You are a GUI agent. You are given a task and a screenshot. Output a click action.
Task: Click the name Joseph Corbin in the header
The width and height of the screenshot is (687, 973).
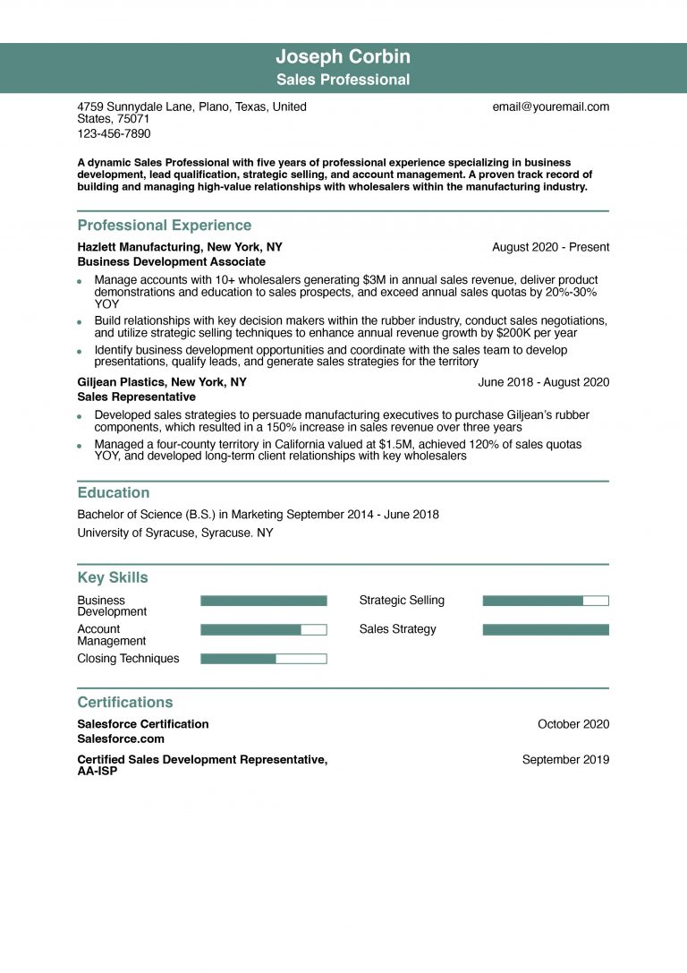343,58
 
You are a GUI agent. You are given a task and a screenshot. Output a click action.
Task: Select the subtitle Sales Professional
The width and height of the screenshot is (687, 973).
343,80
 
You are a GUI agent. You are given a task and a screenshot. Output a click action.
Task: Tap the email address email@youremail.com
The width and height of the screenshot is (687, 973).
550,107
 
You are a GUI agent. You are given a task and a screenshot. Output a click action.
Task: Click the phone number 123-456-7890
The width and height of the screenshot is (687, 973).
114,133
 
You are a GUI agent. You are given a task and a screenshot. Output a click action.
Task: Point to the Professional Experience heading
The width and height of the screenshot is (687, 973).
164,226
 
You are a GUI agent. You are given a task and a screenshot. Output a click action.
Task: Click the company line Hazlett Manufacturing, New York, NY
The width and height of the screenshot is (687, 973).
179,247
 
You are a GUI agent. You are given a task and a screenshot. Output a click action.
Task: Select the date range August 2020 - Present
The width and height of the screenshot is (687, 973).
550,247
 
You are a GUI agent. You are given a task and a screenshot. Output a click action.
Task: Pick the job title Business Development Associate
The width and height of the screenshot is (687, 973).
171,262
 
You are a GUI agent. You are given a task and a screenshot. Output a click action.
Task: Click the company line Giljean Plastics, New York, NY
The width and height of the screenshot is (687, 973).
162,382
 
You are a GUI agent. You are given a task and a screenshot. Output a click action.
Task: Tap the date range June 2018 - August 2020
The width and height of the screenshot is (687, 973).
543,382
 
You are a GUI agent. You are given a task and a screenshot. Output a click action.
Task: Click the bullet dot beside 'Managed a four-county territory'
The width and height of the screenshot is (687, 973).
80,445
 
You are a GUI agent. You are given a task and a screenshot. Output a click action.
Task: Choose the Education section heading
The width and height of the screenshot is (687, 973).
114,493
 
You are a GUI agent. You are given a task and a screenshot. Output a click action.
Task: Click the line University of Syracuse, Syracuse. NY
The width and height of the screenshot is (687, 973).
175,533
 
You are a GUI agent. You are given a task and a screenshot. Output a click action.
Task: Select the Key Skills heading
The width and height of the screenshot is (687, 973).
113,578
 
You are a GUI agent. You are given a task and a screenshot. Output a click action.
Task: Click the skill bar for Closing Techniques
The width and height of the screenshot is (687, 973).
263,659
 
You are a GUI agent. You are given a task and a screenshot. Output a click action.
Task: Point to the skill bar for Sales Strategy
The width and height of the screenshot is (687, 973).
545,630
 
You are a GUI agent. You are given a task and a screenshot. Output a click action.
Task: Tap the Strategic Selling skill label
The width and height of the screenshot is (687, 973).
402,601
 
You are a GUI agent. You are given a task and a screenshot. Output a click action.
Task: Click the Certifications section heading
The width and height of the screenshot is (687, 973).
125,703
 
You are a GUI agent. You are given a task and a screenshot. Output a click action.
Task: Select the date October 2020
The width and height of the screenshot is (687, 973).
572,724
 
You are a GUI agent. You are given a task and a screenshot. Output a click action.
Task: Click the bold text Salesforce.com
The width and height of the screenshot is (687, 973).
121,739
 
